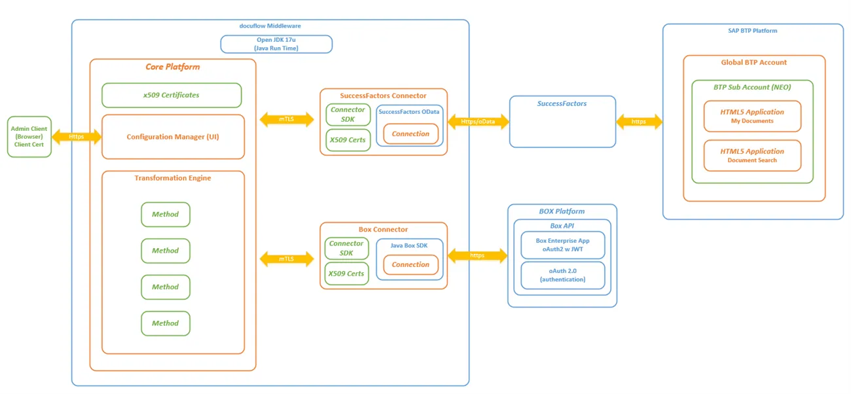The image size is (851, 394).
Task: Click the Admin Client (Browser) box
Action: pos(29,137)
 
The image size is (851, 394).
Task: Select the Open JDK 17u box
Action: pos(276,44)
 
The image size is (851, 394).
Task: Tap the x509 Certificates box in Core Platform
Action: pos(172,96)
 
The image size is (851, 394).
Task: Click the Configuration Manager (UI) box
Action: pos(173,137)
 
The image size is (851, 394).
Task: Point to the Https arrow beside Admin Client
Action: pos(77,137)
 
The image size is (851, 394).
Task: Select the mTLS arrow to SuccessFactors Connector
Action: pos(287,119)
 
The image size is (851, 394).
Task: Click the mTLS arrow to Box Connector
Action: pos(287,259)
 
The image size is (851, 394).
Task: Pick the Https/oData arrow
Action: pos(479,122)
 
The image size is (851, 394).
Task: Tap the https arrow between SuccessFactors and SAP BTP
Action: pos(639,122)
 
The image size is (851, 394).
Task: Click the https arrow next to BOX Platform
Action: pos(478,255)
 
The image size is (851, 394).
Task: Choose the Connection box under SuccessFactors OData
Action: pos(410,134)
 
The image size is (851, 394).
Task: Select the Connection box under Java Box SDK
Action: pos(410,264)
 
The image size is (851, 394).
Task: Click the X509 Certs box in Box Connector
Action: pos(346,274)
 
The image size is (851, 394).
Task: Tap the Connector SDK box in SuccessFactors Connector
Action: pos(348,115)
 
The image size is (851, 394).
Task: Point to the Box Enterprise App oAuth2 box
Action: pos(563,245)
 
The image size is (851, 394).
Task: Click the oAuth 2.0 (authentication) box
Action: pos(563,275)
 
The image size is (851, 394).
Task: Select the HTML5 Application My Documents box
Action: pos(752,116)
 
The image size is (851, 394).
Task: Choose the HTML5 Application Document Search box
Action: pos(752,155)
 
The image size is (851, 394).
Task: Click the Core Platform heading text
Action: pos(173,67)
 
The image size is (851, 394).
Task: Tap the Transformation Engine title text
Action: pos(173,178)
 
